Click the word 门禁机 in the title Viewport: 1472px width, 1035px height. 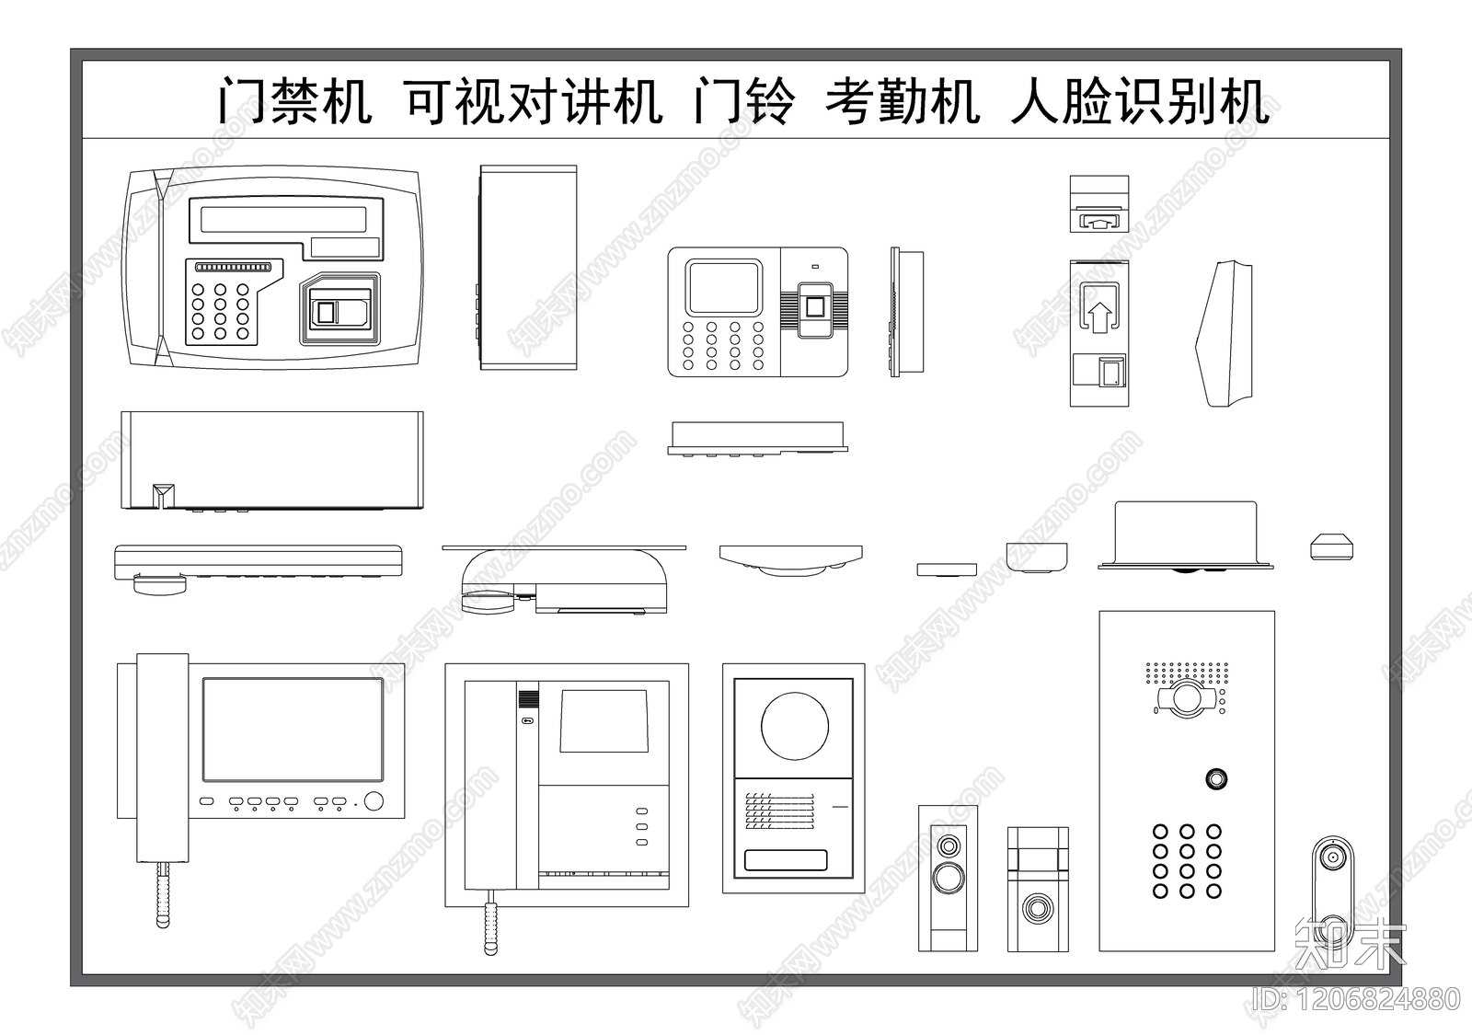point(295,101)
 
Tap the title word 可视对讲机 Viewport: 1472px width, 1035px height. point(534,101)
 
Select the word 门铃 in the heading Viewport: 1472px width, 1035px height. point(743,101)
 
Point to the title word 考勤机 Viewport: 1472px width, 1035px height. point(902,101)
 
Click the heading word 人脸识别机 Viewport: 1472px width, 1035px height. point(1141,101)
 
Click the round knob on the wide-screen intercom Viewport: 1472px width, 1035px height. point(374,801)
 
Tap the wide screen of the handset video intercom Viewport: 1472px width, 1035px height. point(293,730)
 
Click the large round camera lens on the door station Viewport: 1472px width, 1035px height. point(794,726)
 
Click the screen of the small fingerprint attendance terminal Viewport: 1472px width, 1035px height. point(725,286)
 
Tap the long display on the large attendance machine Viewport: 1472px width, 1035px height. point(284,218)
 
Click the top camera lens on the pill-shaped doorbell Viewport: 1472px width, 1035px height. point(1331,859)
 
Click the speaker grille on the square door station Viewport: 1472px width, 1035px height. point(780,811)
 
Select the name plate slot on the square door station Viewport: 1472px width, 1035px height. point(786,861)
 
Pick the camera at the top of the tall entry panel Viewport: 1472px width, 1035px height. point(1187,699)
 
